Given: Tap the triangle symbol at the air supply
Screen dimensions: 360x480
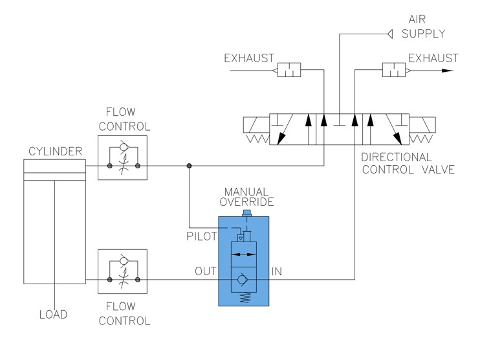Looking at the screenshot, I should [389, 34].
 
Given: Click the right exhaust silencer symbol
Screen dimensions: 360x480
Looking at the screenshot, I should [393, 70].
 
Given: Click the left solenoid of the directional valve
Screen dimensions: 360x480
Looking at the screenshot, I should [256, 125].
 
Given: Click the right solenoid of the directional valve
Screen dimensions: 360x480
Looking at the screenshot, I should [424, 125].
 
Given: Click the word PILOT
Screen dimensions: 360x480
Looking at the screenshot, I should [202, 237].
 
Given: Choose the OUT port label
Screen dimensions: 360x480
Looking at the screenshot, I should [206, 271].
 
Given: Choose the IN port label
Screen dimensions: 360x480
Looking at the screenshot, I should [278, 271].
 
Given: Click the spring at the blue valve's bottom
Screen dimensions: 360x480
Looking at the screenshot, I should [245, 298].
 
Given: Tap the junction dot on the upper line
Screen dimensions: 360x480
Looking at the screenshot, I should [189, 166].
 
